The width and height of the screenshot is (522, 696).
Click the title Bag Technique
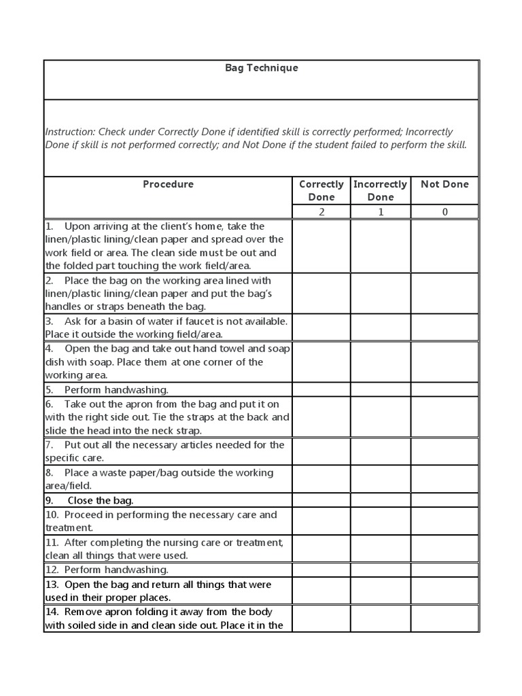pos(262,68)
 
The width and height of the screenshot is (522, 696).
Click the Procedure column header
pos(168,184)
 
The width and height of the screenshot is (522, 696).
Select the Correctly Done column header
pos(321,190)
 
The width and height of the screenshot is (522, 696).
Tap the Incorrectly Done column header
pos(380,190)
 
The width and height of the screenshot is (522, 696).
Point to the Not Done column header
pos(445,184)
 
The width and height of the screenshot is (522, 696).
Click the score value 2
pos(321,212)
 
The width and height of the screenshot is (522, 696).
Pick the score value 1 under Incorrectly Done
pos(381,212)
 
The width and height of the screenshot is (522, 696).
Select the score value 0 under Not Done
pos(445,212)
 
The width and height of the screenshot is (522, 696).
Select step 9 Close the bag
pos(100,501)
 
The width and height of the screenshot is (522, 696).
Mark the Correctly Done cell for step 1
pos(321,246)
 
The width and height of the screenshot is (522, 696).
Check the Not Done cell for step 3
pos(445,328)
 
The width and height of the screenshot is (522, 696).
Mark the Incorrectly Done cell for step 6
pos(381,417)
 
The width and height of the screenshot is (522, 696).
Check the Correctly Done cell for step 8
pos(321,479)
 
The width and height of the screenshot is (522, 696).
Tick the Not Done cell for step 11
pos(445,549)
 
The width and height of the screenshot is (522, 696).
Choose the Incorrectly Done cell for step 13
pos(381,591)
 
